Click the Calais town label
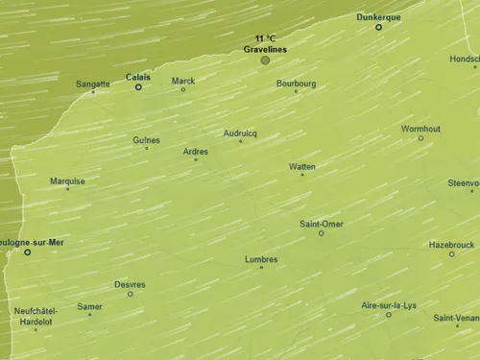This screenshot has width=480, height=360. point(138,77)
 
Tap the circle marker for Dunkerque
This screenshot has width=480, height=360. point(378,27)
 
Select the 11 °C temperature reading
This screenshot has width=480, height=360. point(265,38)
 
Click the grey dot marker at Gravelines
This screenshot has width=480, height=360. point(265,60)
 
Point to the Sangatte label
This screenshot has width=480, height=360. point(93,84)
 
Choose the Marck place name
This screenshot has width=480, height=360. point(183,81)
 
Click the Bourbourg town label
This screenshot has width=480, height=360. point(296,84)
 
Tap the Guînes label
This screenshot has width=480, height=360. point(147,139)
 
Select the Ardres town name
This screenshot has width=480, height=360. point(196,150)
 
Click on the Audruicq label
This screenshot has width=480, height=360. point(240,132)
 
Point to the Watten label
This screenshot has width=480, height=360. point(302,166)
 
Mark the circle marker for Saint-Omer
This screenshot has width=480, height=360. point(321,233)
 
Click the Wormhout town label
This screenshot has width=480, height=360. point(420,128)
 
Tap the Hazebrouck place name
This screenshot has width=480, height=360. point(451,244)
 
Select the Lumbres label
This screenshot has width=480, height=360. point(261,258)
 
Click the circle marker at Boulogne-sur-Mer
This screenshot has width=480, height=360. point(27,252)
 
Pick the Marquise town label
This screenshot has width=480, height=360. point(67,180)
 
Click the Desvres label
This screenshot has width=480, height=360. point(130,284)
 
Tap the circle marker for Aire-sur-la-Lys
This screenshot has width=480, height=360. point(389,315)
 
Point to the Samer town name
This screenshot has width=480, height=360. point(89,306)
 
